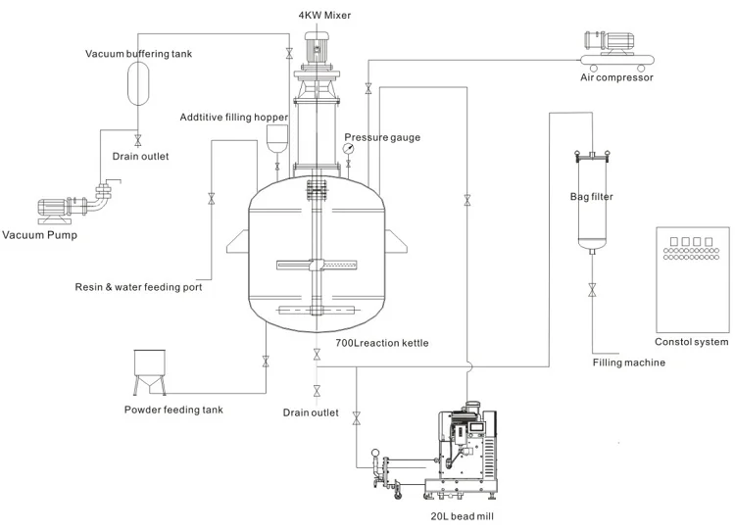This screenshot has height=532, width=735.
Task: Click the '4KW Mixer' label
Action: point(324,16)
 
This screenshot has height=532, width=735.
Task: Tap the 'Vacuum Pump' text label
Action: point(39,235)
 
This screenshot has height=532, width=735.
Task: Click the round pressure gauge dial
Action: point(349,148)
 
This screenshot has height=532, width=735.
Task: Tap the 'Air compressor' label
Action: point(616,77)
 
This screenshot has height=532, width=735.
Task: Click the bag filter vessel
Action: point(592,201)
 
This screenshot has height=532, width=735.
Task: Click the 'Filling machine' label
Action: point(628,363)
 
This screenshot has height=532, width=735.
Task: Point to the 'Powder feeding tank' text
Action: point(173,410)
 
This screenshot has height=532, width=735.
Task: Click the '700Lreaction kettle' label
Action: point(381,344)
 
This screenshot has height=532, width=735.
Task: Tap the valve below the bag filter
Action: point(592,290)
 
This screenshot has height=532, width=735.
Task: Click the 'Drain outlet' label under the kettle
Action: point(311,412)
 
